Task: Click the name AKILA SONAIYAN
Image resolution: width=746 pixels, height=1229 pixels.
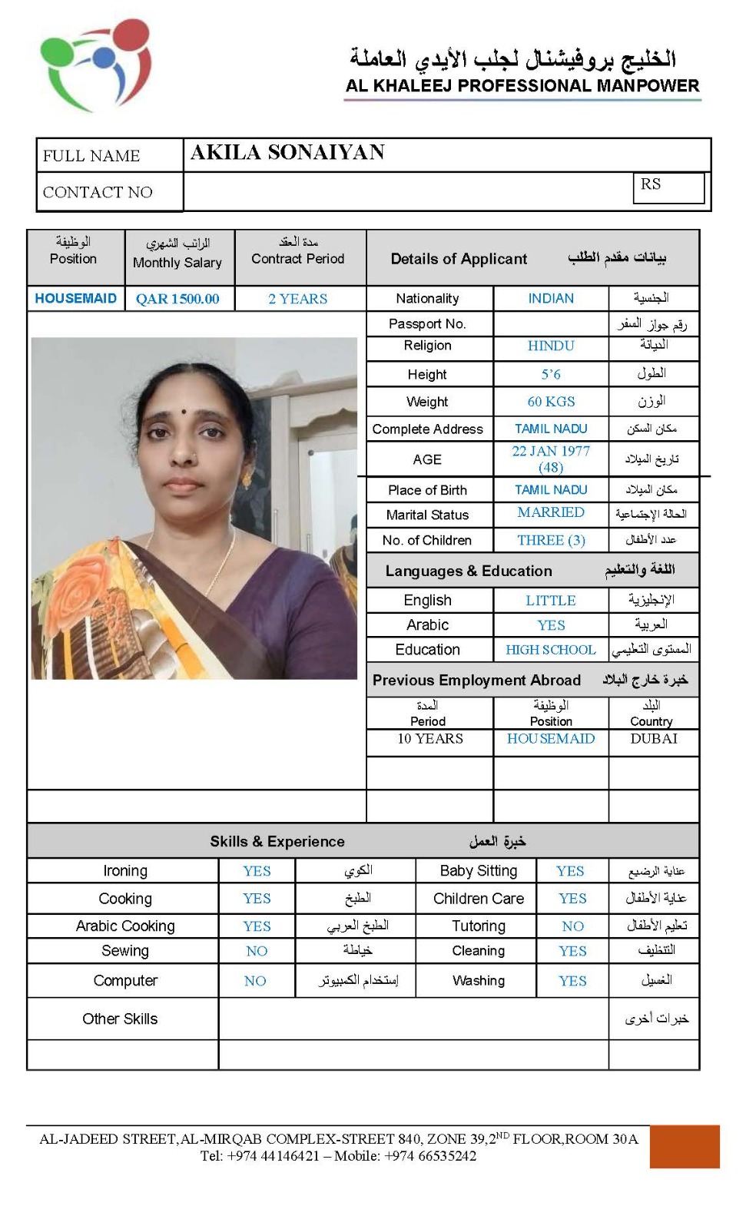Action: (x=287, y=152)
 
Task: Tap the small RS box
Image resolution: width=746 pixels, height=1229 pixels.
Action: (x=668, y=187)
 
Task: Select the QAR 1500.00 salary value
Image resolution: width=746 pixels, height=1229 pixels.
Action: (x=177, y=299)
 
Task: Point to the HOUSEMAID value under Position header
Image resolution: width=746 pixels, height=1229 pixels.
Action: (x=75, y=298)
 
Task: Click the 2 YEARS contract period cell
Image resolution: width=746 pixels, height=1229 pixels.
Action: (x=298, y=299)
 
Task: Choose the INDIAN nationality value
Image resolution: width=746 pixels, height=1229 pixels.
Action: (x=551, y=298)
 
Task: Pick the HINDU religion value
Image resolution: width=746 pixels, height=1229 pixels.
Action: (x=551, y=346)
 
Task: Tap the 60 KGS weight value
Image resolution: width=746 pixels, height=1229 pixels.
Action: (x=551, y=401)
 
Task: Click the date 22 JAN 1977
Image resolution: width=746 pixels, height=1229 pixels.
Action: (x=551, y=452)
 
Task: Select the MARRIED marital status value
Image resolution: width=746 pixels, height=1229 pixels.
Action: (x=551, y=512)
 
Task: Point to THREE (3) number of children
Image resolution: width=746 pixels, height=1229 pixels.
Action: (x=551, y=540)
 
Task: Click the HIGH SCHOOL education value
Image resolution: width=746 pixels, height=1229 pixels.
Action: (x=551, y=650)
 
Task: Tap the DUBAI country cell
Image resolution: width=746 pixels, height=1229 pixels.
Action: (x=654, y=738)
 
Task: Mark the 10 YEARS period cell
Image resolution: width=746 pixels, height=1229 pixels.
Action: (x=430, y=738)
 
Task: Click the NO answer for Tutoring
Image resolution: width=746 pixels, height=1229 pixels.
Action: (x=572, y=926)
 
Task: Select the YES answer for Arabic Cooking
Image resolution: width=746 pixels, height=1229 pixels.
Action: (x=257, y=926)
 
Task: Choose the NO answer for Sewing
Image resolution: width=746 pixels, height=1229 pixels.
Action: (x=257, y=951)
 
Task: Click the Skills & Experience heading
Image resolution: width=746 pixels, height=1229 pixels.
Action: (x=277, y=841)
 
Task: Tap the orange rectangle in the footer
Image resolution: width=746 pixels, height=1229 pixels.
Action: (x=684, y=1146)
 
